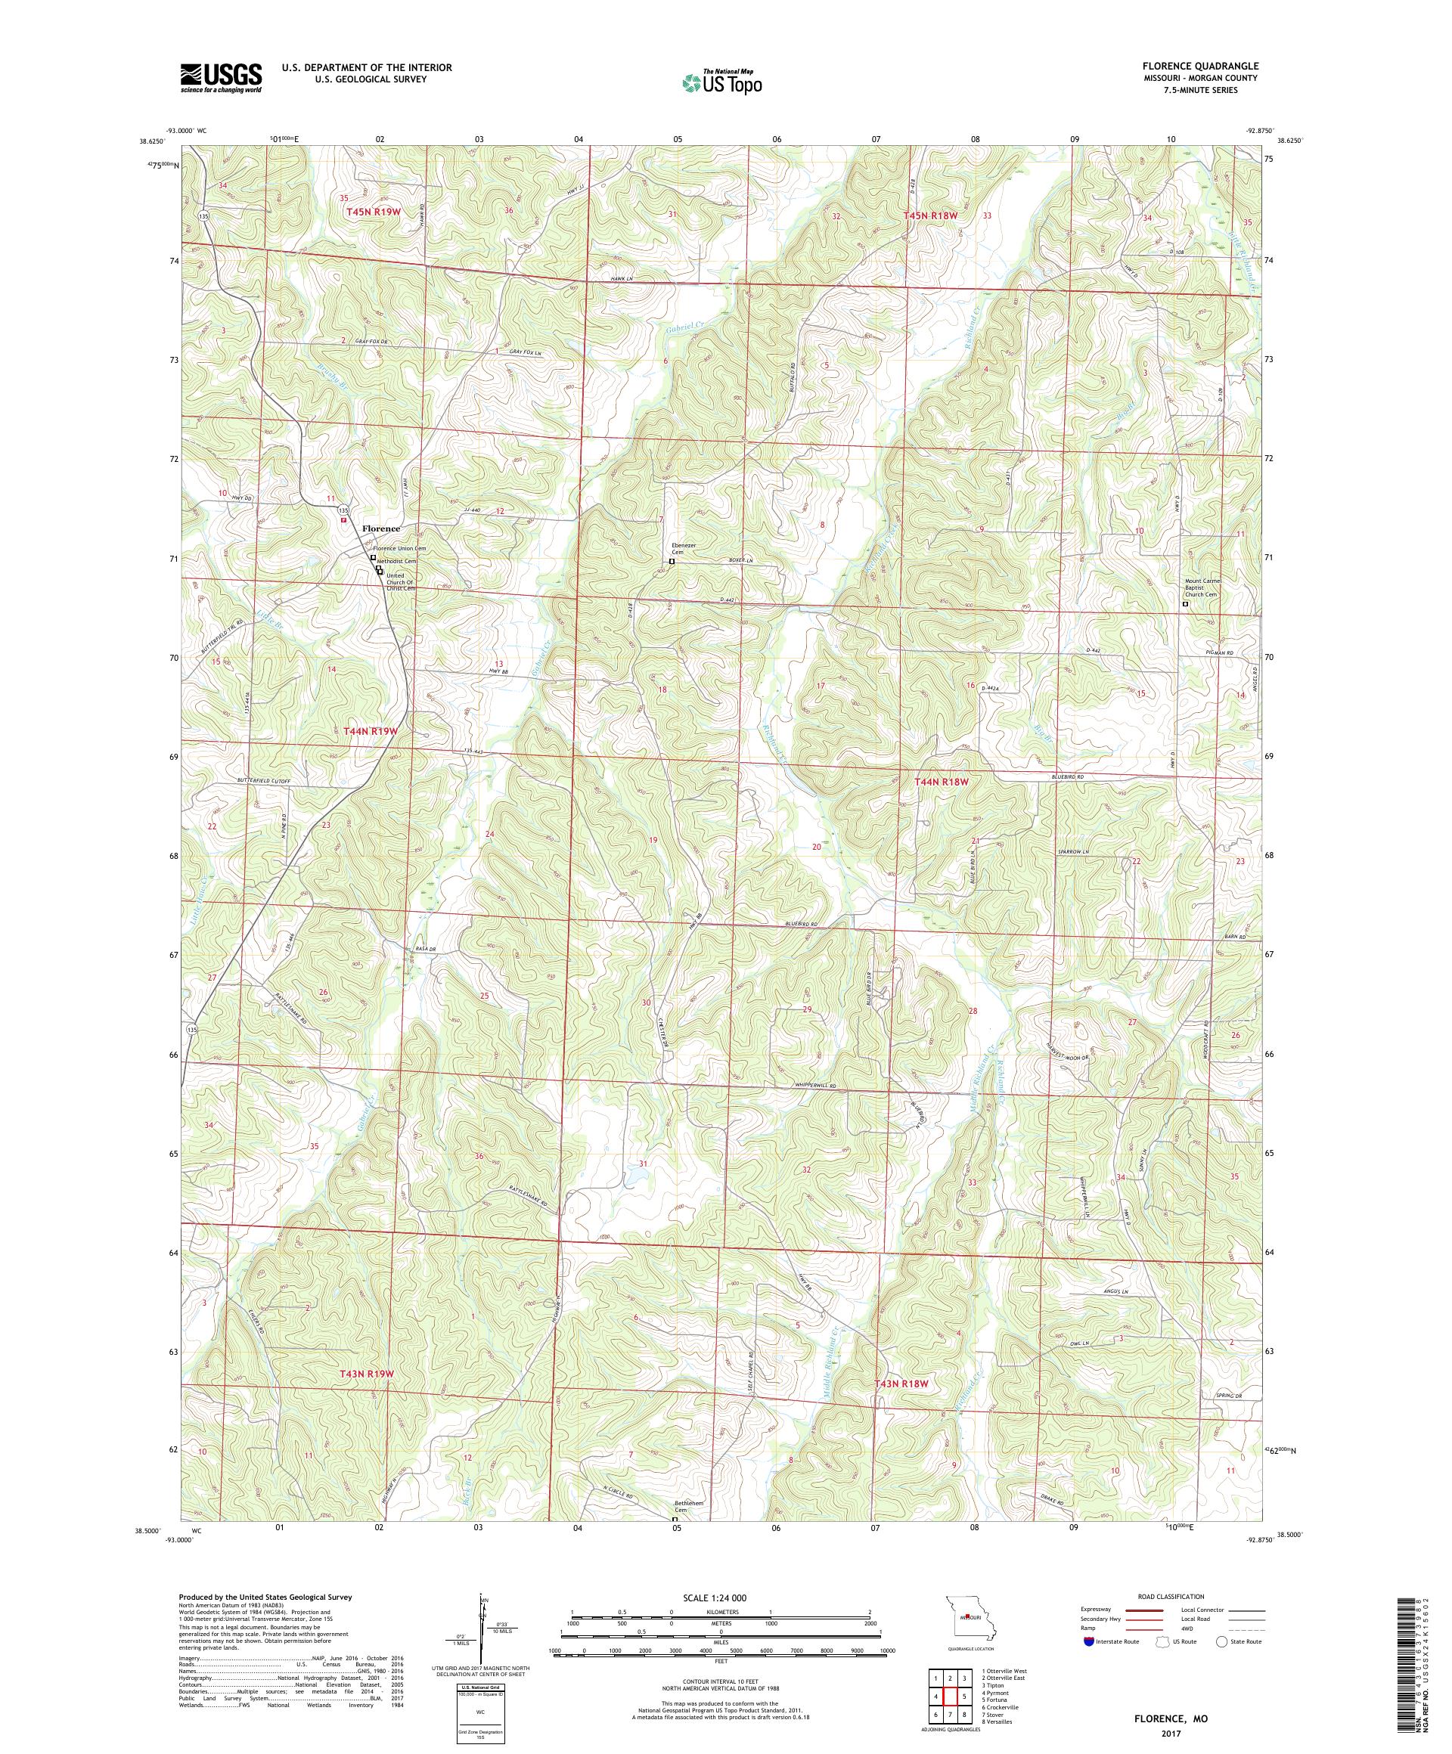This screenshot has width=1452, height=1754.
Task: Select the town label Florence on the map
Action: tap(381, 528)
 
